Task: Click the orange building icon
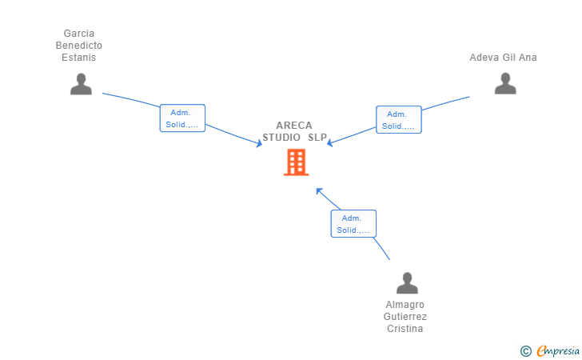tap(296, 162)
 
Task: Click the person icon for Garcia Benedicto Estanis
tap(81, 84)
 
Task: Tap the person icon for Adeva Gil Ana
tap(505, 83)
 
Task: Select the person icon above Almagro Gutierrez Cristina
tap(407, 283)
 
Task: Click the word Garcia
tap(78, 34)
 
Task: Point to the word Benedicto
tap(78, 46)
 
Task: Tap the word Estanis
tap(78, 58)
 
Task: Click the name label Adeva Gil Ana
tap(503, 58)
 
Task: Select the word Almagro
tap(405, 305)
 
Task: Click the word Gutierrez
tap(405, 317)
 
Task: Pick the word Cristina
tap(405, 329)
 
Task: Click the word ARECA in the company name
tap(294, 126)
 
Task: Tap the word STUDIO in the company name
tap(281, 138)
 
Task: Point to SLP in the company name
tap(317, 138)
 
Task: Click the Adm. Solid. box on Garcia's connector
tap(182, 118)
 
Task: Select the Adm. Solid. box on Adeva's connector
tap(399, 120)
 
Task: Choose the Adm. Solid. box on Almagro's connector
tap(353, 224)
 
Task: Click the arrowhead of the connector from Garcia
tap(260, 143)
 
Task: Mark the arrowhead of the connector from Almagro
tap(319, 191)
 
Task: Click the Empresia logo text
tap(558, 350)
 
